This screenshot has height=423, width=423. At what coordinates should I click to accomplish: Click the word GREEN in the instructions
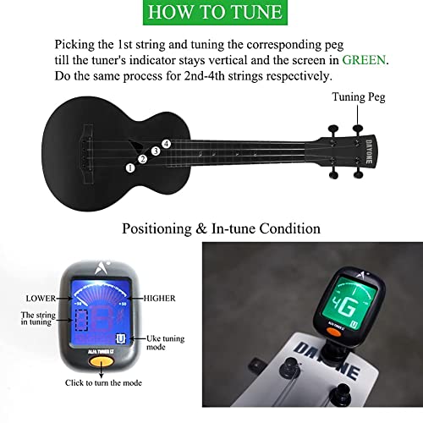click(364, 60)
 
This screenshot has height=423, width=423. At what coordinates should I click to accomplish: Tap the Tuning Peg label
click(359, 98)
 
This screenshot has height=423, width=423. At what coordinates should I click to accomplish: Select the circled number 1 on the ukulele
click(131, 168)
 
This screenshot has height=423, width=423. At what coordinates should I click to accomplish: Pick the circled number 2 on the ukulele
click(143, 159)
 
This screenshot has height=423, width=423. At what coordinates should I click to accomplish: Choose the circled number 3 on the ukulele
click(155, 151)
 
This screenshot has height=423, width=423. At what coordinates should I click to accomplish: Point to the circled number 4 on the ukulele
click(167, 144)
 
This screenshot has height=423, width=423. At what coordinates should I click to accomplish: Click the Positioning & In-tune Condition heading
click(222, 228)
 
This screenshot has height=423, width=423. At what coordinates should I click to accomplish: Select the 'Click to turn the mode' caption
click(106, 383)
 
